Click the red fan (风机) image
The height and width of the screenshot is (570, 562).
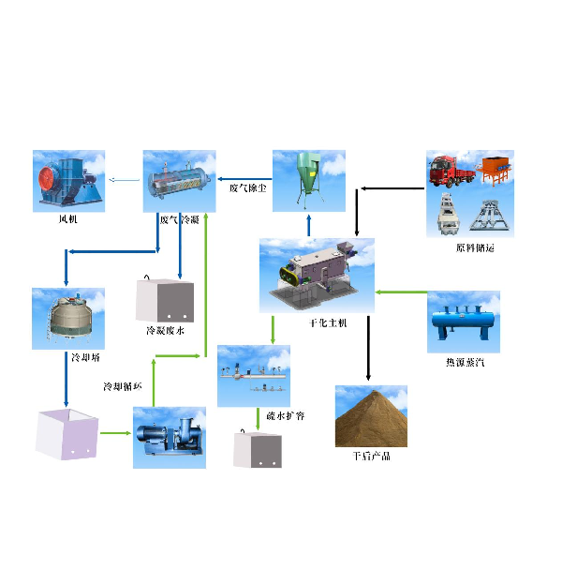tap(68, 179)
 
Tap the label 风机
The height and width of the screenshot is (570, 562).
tap(68, 220)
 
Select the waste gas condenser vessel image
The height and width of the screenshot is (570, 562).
tap(179, 179)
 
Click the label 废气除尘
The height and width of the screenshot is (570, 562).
tap(248, 187)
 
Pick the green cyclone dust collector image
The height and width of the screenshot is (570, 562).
tap(309, 178)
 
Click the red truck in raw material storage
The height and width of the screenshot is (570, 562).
tap(449, 174)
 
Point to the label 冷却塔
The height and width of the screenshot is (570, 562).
tap(84, 358)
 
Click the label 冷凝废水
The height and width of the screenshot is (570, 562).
tap(165, 331)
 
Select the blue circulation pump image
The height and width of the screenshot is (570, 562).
tap(170, 437)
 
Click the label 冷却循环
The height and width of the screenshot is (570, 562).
tap(122, 385)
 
